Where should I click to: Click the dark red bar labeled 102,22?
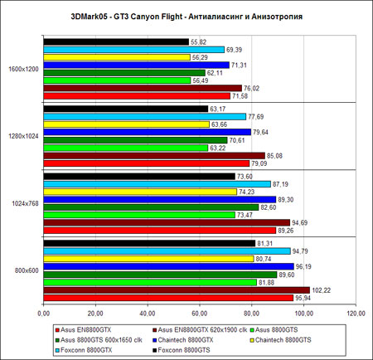click(177, 290)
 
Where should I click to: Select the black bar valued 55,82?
click(116, 41)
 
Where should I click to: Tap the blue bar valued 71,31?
click(136, 65)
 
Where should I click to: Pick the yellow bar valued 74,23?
click(140, 192)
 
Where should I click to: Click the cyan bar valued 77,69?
click(144, 117)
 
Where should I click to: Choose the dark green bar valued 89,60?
click(160, 275)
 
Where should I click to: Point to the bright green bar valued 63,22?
click(126, 148)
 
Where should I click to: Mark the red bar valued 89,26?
click(160, 231)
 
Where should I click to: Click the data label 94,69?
click(299, 222)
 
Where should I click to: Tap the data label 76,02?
click(251, 88)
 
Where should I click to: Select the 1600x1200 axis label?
click(23, 69)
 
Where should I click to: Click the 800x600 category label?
click(27, 270)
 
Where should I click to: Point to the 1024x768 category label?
click(25, 204)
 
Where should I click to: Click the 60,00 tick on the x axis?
click(200, 314)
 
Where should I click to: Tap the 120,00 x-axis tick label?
click(356, 314)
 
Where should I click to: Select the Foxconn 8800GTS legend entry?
click(182, 350)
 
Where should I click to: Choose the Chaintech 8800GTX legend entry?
click(183, 340)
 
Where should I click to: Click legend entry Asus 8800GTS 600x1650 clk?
click(99, 340)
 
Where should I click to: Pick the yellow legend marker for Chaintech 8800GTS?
click(252, 340)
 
